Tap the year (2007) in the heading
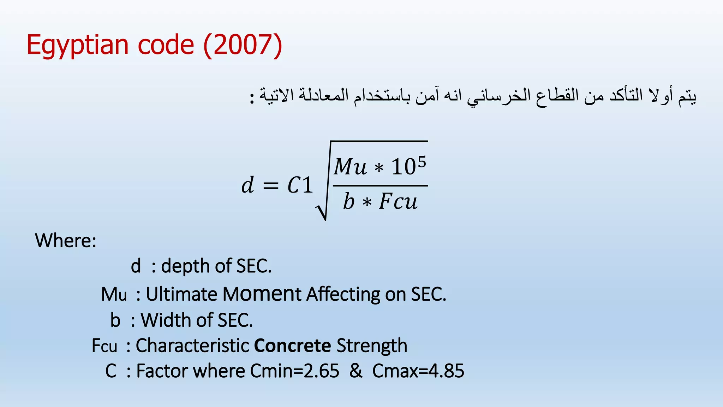[243, 45]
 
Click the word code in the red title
[166, 45]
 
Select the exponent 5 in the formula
[422, 161]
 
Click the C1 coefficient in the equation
[300, 185]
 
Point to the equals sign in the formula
[271, 185]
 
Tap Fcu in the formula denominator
[398, 202]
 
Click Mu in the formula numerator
[350, 166]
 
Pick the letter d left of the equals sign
[247, 185]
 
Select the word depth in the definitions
[189, 266]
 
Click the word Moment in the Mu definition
[262, 294]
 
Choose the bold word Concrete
[292, 346]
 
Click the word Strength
[372, 346]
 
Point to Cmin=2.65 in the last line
[294, 371]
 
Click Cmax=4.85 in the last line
[418, 371]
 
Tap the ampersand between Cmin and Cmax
[356, 371]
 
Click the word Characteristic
[193, 346]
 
